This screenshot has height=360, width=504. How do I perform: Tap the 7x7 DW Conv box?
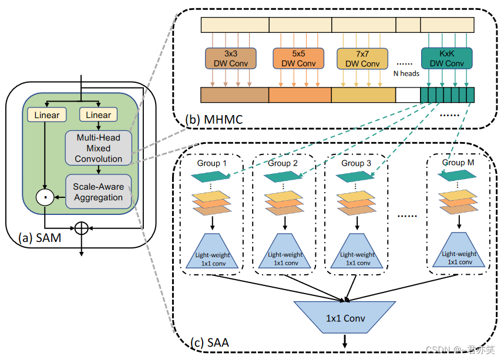point(362,59)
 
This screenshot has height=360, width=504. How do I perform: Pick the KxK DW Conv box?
point(446,58)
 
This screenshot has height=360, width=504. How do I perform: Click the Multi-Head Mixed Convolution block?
point(99,148)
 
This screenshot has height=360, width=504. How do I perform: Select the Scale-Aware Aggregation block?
point(99,192)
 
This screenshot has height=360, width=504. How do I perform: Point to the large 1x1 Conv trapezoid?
point(345,318)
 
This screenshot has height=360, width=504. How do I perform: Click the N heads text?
point(405,74)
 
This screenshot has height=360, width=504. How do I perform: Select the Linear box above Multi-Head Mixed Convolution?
point(98,115)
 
